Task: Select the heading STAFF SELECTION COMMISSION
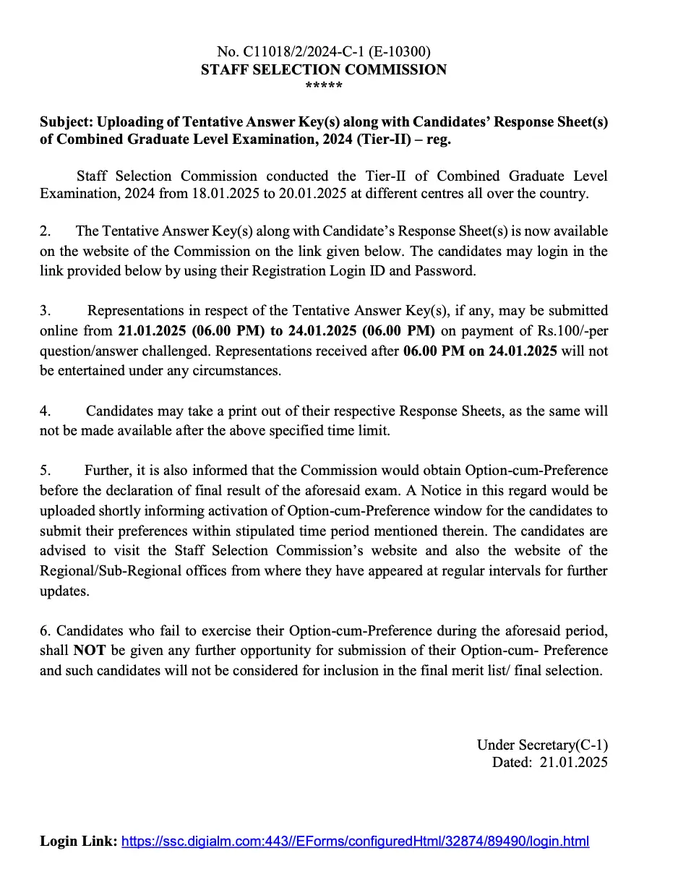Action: [x=323, y=69]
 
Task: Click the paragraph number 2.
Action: [x=45, y=231]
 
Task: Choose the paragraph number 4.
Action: [x=45, y=411]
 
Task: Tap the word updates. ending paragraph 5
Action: [x=65, y=591]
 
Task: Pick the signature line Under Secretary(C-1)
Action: [x=541, y=745]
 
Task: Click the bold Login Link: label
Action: [x=78, y=842]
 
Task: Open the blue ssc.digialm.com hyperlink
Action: [x=355, y=842]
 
